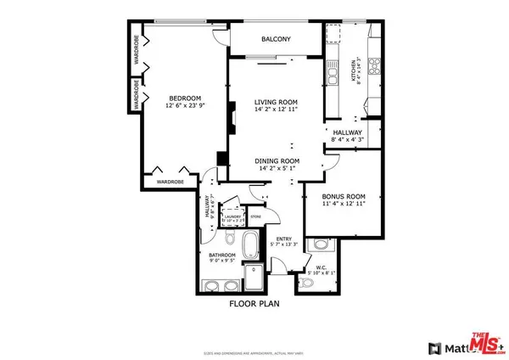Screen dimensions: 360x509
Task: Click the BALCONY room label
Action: (276, 39)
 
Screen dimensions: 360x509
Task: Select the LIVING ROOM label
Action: (276, 102)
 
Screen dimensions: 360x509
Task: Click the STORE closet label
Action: (254, 217)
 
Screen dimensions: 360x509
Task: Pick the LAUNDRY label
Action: (232, 217)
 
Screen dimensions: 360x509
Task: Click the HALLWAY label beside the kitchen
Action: (347, 133)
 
